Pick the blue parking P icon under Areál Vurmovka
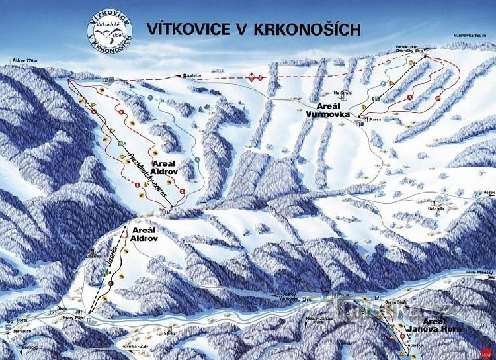click(x=361, y=124)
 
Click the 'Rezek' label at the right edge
click(x=489, y=192)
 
